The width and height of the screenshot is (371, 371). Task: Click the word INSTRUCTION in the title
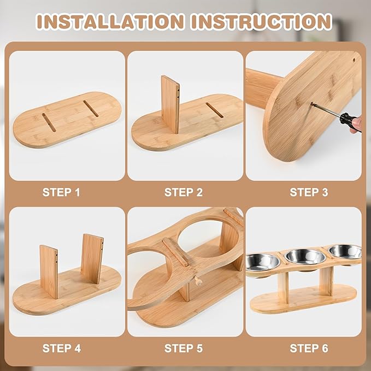click(x=262, y=21)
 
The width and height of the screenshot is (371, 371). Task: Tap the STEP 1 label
click(x=61, y=192)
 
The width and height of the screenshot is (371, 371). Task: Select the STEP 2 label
click(x=184, y=192)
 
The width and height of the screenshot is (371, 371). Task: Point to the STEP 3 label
click(x=309, y=192)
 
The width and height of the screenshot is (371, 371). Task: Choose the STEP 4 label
click(x=62, y=348)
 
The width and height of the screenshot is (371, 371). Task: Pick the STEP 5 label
click(x=184, y=348)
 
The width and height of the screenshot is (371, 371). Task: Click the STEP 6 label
click(x=309, y=348)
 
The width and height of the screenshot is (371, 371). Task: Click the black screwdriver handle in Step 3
click(x=350, y=122)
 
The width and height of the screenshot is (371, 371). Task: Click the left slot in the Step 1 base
click(x=49, y=122)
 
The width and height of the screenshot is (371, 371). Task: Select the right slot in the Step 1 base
click(x=91, y=109)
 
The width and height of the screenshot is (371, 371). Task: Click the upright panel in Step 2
click(x=170, y=104)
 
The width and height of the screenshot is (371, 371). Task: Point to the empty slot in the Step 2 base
click(x=215, y=110)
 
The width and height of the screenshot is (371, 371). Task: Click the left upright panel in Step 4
click(x=49, y=272)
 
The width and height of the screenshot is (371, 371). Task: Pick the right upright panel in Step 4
click(x=92, y=258)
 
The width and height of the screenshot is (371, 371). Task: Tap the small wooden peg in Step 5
click(x=198, y=281)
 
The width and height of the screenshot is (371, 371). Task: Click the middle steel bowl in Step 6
click(x=305, y=257)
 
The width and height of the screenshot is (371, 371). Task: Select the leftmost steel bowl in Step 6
click(x=263, y=262)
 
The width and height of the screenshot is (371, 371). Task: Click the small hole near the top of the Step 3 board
click(x=354, y=60)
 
